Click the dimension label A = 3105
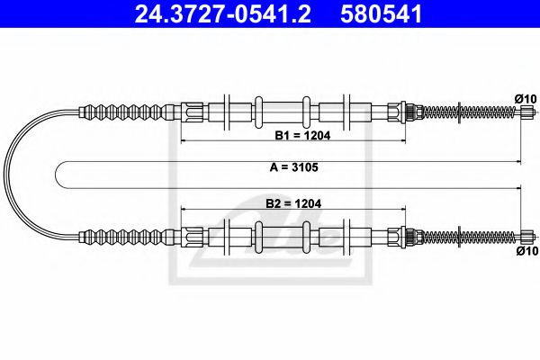click(x=288, y=168)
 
